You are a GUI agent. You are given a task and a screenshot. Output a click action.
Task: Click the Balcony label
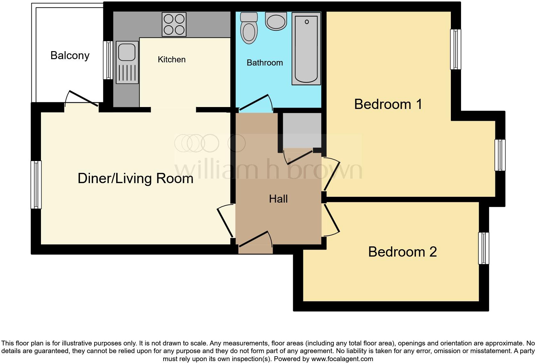click(x=70, y=56)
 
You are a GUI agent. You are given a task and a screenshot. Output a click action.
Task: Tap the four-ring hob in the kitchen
click(x=174, y=24)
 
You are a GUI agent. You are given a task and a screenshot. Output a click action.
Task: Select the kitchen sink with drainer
click(x=127, y=63)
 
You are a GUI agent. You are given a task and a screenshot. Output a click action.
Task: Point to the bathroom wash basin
click(x=276, y=22)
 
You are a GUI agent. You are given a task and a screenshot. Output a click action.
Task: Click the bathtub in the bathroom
click(x=306, y=49)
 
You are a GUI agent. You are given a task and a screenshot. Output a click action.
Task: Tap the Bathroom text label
click(x=265, y=63)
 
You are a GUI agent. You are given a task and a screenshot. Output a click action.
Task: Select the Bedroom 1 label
click(x=388, y=104)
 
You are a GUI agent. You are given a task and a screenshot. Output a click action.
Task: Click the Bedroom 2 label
click(x=402, y=252)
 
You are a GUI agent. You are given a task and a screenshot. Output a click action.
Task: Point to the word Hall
click(x=278, y=199)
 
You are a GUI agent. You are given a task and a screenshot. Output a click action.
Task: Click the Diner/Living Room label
click(x=135, y=178)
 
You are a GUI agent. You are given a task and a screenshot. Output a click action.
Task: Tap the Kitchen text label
click(x=172, y=59)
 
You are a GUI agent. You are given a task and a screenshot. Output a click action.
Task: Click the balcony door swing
click(x=83, y=98)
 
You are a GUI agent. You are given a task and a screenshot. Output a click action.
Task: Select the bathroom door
click(x=255, y=103)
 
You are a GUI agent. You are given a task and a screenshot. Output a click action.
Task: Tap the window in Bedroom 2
click(x=483, y=248)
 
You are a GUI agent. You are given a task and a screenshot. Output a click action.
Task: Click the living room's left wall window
click(x=36, y=185)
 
